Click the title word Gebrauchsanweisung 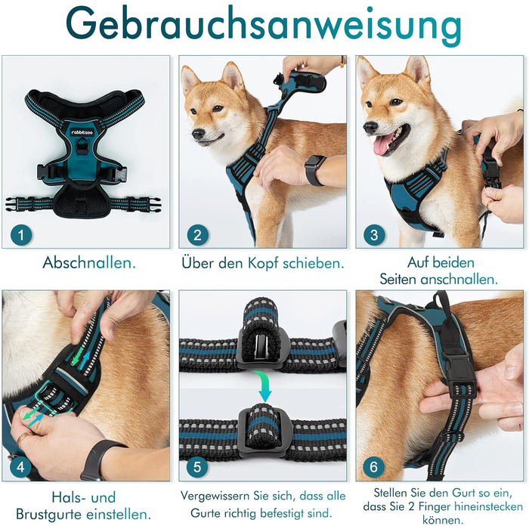click(264, 27)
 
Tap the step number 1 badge click(21, 235)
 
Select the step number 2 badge click(198, 235)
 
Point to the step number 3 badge click(374, 235)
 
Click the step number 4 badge click(20, 467)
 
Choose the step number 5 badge click(197, 467)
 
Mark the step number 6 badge click(374, 467)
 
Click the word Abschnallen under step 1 click(89, 263)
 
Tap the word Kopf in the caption click(264, 264)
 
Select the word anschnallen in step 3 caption click(459, 280)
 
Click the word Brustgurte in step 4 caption click(49, 515)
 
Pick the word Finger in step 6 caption click(435, 506)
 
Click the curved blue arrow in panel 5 click(264, 385)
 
